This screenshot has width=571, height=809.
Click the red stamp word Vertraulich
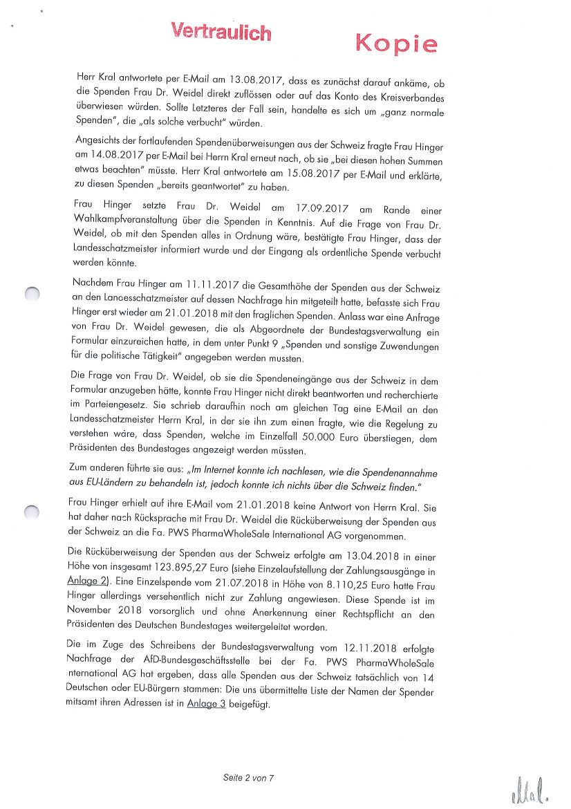pos(221,30)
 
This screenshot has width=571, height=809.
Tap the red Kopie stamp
pos(396,44)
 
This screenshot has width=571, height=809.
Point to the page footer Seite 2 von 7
pos(249,777)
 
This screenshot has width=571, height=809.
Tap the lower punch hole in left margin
pos(31,512)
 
